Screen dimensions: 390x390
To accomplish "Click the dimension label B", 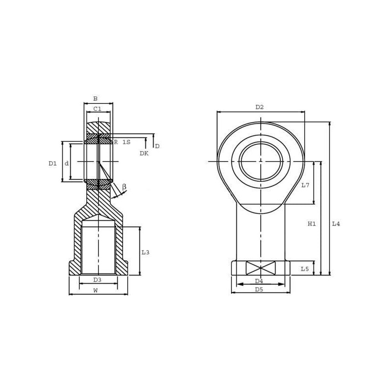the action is pyautogui.click(x=95, y=99).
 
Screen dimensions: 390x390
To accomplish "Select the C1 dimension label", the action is pyautogui.click(x=97, y=109).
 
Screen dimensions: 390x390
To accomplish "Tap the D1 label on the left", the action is pyautogui.click(x=53, y=163).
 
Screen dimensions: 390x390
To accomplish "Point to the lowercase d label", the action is pyautogui.click(x=67, y=163).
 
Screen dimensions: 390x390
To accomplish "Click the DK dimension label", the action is pyautogui.click(x=144, y=153).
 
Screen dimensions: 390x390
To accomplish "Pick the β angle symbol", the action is pyautogui.click(x=124, y=187).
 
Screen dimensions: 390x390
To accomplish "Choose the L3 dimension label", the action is pyautogui.click(x=145, y=252).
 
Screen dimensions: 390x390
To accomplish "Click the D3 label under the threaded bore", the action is pyautogui.click(x=97, y=280).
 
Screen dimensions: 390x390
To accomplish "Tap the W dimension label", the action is pyautogui.click(x=96, y=290).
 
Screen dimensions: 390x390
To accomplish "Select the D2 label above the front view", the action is pyautogui.click(x=259, y=107).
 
